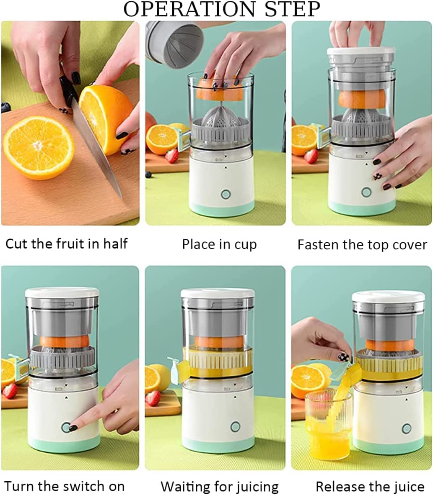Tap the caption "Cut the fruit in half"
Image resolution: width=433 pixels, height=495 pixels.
(66, 244)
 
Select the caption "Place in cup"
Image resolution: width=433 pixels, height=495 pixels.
(219, 244)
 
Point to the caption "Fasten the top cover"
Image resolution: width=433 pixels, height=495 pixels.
(362, 245)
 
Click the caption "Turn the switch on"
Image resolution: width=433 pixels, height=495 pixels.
(65, 486)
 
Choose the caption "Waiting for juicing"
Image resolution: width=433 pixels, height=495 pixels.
(220, 487)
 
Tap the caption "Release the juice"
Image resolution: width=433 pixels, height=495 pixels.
(370, 487)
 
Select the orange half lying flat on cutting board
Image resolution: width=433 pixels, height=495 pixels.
(39, 147)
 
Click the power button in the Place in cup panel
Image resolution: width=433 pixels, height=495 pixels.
(226, 194)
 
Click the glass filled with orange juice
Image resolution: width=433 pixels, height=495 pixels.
(328, 425)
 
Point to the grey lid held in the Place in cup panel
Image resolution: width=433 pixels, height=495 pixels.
(175, 44)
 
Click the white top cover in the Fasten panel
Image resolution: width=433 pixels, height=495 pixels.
(361, 52)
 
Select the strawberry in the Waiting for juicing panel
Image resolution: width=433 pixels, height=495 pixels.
(153, 398)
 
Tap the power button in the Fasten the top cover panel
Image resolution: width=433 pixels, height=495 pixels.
(366, 192)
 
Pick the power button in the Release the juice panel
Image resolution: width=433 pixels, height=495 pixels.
(406, 428)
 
